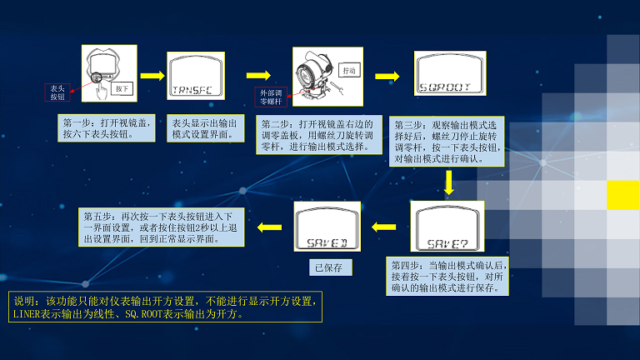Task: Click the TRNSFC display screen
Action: click(x=196, y=77)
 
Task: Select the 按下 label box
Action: click(x=122, y=87)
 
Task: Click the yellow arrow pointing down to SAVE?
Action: click(x=449, y=181)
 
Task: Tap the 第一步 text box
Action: click(x=107, y=127)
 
